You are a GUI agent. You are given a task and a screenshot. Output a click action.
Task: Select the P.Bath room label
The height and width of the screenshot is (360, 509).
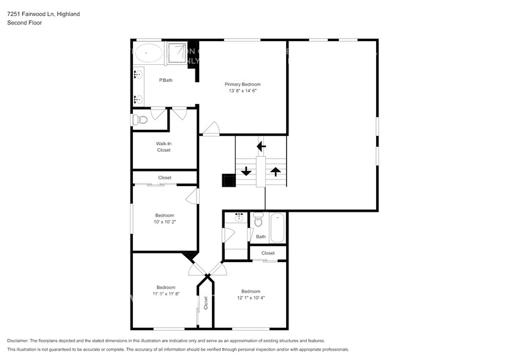[165, 80]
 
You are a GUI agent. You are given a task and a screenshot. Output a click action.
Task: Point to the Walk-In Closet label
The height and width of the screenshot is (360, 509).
[164, 147]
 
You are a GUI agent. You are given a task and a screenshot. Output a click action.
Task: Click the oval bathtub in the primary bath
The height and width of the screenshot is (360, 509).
[148, 53]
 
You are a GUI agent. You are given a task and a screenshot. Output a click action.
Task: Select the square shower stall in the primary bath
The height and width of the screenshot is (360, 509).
[179, 53]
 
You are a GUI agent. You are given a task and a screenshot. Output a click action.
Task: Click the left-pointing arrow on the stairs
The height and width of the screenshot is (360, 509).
[261, 146]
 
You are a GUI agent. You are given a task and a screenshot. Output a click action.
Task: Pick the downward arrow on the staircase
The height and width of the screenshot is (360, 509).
[246, 171]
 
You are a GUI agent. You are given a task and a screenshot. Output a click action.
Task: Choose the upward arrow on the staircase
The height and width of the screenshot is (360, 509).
[276, 171]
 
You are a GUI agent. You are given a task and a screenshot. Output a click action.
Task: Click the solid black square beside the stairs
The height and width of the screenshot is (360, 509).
[228, 181]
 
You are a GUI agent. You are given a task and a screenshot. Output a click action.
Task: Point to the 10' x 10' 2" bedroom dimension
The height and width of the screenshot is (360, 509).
[165, 222]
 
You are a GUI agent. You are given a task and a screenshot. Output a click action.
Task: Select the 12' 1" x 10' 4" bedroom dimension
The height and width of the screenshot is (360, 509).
[251, 298]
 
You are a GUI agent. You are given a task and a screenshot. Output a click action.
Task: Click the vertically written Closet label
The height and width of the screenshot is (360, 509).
[206, 302]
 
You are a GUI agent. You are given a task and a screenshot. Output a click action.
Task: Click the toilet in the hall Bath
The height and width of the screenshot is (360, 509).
[258, 219]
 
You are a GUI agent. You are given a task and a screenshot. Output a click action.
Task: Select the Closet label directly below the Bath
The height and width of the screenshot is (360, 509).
[268, 253]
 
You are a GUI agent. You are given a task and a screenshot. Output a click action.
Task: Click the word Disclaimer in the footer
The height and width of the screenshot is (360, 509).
[20, 340]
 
